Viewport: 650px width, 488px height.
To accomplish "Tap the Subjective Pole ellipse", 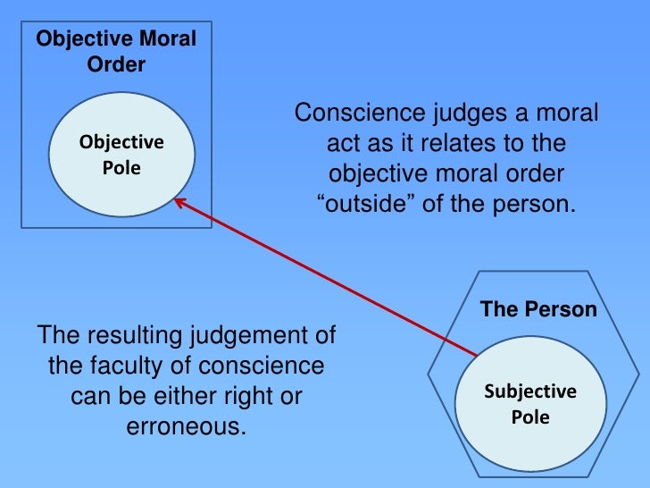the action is click(529, 404).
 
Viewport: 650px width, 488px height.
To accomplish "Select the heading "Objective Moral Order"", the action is click(116, 52).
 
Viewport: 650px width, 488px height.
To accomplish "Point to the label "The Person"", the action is click(537, 310).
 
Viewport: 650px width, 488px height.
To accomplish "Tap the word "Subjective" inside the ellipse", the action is click(529, 391).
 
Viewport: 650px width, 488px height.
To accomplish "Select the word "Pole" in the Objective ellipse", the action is click(121, 167).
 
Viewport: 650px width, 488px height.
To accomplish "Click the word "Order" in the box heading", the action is click(116, 65).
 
